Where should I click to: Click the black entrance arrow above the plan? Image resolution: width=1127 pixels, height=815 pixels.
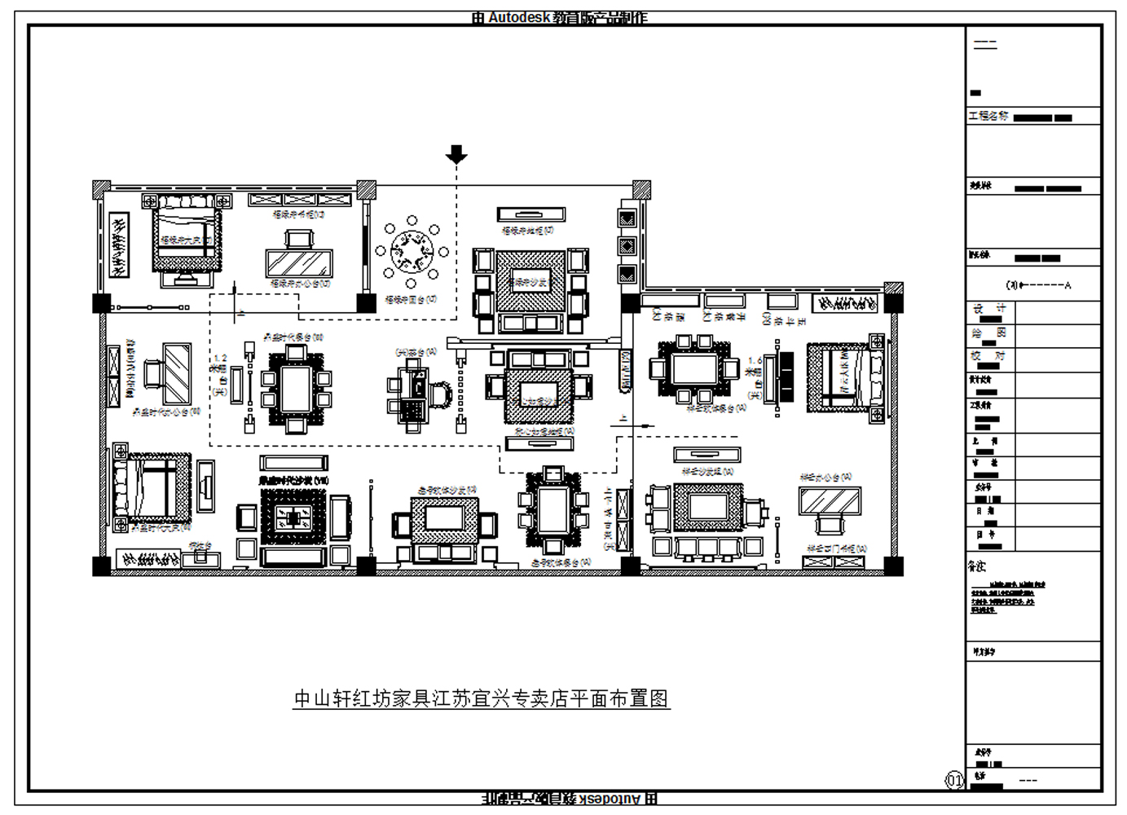[x=456, y=154]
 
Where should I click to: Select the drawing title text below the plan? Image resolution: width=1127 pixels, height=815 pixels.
[x=481, y=698]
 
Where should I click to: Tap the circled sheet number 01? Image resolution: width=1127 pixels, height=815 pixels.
[x=954, y=780]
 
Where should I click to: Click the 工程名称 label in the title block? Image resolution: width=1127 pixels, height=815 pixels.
[x=988, y=117]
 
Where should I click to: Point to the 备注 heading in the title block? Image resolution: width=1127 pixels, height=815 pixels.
[x=977, y=566]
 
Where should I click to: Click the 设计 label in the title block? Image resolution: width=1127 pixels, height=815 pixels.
[x=989, y=309]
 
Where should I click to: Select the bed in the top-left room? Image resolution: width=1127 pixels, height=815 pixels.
[x=187, y=236]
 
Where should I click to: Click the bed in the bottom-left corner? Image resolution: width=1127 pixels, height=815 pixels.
[x=152, y=487]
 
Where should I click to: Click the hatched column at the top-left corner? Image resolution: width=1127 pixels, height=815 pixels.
[x=101, y=189]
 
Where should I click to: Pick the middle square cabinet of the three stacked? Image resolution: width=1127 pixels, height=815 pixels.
[x=627, y=245]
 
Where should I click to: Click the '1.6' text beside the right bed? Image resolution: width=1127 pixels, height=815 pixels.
[x=755, y=359]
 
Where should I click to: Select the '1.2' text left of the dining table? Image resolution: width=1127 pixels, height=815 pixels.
[x=219, y=358]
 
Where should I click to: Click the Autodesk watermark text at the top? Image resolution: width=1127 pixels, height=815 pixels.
[x=559, y=17]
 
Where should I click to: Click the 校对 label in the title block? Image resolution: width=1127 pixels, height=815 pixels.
[x=989, y=355]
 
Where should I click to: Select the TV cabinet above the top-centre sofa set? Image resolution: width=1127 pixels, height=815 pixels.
[x=531, y=214]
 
